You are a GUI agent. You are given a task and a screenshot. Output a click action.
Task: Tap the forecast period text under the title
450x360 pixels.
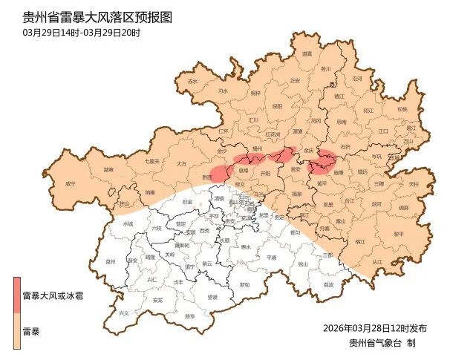82,33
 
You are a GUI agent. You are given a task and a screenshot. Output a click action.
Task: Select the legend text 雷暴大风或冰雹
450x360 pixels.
53,295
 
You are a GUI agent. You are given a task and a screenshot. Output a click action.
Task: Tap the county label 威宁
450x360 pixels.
71,183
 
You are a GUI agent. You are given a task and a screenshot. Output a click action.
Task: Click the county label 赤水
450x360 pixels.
193,81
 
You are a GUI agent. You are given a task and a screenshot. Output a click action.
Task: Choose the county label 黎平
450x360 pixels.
399,233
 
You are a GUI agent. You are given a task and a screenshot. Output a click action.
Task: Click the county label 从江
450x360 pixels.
376,262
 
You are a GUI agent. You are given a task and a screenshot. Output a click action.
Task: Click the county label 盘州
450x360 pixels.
111,261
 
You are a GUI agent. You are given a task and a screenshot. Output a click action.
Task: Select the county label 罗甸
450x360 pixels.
244,285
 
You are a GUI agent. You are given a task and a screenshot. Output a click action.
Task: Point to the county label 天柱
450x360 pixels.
414,183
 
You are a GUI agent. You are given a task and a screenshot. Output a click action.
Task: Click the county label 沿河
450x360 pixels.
357,78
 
